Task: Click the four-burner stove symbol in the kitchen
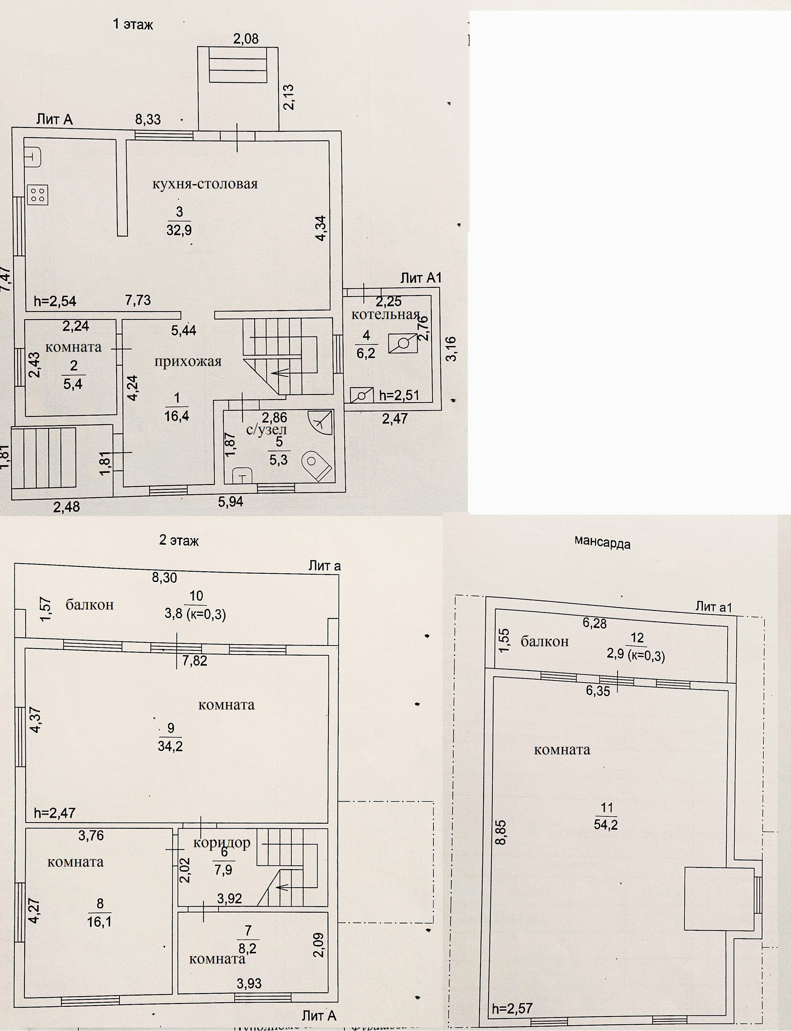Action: pyautogui.click(x=37, y=195)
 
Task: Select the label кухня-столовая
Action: pyautogui.click(x=205, y=184)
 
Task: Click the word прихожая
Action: pyautogui.click(x=188, y=362)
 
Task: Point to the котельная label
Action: pyautogui.click(x=385, y=314)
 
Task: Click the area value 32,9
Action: pyautogui.click(x=179, y=230)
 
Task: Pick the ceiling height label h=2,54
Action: pyautogui.click(x=55, y=301)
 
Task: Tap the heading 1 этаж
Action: pyautogui.click(x=133, y=24)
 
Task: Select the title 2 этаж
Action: pyautogui.click(x=179, y=540)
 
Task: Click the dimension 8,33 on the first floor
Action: pyautogui.click(x=148, y=119)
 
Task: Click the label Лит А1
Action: pyautogui.click(x=421, y=278)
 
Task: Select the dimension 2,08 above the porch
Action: pyautogui.click(x=246, y=39)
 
